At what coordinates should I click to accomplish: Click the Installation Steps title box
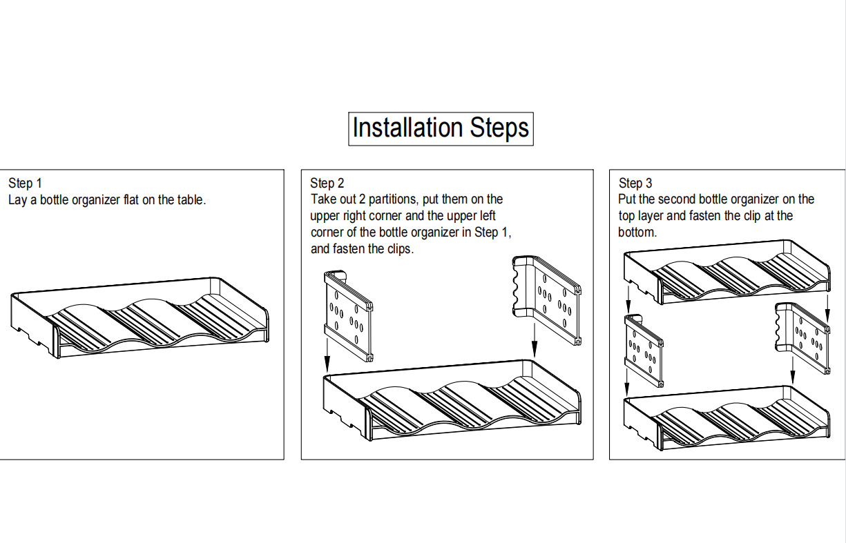click(x=441, y=128)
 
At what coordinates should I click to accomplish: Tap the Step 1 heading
click(x=25, y=183)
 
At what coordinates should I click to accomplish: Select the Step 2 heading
click(x=327, y=183)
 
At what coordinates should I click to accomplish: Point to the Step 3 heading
click(x=635, y=183)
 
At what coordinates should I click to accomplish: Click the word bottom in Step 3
click(x=637, y=232)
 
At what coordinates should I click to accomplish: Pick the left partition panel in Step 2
click(x=349, y=316)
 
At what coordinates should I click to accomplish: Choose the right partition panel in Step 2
click(x=547, y=300)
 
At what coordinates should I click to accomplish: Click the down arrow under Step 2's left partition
click(x=327, y=353)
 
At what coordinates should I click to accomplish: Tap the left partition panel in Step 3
click(x=644, y=351)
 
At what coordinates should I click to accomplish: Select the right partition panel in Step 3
click(x=802, y=337)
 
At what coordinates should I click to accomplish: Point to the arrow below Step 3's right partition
click(x=793, y=370)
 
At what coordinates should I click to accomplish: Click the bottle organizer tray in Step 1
click(x=140, y=317)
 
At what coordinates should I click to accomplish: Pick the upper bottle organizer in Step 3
click(x=727, y=272)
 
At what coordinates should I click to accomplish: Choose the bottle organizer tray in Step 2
click(x=452, y=400)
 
